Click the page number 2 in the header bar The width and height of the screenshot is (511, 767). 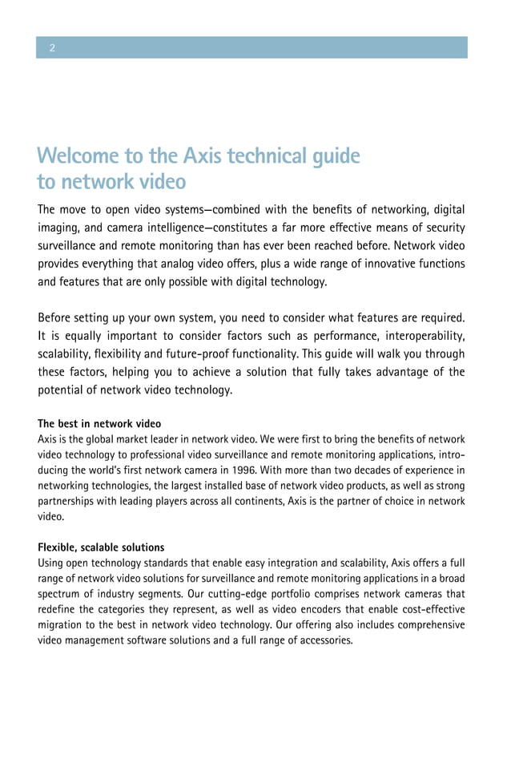pos(52,48)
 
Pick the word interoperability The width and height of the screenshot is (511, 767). pos(417,337)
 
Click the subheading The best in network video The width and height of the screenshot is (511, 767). pos(99,423)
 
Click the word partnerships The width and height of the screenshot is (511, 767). pos(67,502)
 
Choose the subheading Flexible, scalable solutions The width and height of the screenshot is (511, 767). pos(101,547)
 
